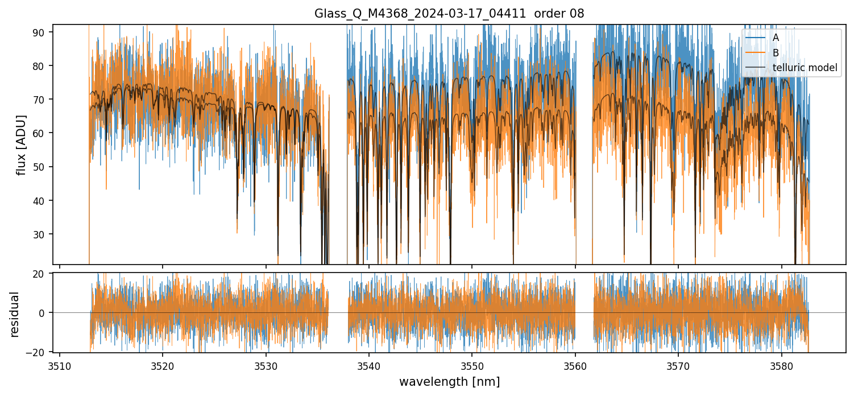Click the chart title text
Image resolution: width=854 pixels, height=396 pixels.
point(449,14)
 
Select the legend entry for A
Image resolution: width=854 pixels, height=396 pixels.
point(776,38)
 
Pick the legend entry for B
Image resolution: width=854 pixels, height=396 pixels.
point(776,53)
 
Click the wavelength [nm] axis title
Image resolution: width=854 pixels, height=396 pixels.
point(449,382)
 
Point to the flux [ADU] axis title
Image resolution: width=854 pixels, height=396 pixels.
point(22,145)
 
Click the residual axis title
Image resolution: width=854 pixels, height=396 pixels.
point(15,314)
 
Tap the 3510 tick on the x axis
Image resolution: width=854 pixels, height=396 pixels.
point(60,366)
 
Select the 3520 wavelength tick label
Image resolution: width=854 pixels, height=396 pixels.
point(163,366)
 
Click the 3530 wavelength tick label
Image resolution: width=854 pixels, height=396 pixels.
point(266,366)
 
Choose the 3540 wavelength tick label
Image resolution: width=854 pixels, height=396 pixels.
point(369,366)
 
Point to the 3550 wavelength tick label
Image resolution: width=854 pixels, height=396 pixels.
point(472,366)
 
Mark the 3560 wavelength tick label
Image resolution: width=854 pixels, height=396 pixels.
point(575,366)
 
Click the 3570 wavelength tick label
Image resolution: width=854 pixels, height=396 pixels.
point(678,366)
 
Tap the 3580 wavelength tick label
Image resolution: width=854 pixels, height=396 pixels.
point(781,366)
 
